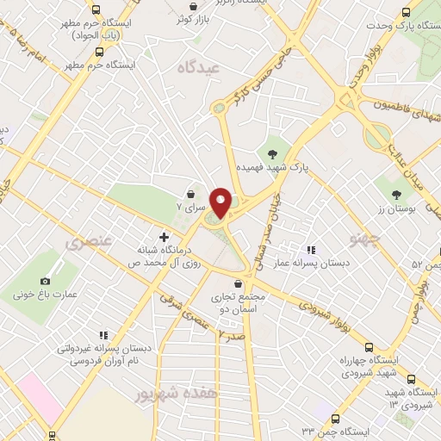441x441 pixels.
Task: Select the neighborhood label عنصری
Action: [87, 244]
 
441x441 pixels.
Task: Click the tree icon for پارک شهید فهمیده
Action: [273, 153]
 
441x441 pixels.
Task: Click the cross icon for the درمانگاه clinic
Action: [163, 236]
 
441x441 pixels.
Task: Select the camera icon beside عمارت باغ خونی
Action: [45, 281]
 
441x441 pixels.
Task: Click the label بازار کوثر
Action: [194, 18]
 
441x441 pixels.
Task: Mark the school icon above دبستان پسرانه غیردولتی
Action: [102, 335]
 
